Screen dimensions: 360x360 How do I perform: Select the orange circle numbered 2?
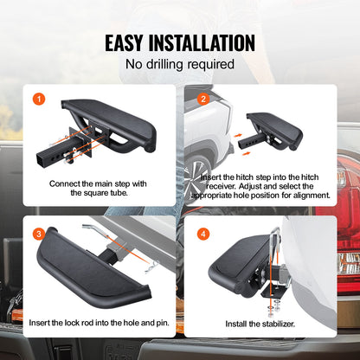203,99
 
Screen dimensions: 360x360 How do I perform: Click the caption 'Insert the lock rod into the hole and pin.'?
100,323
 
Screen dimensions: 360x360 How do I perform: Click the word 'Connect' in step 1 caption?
66,182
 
